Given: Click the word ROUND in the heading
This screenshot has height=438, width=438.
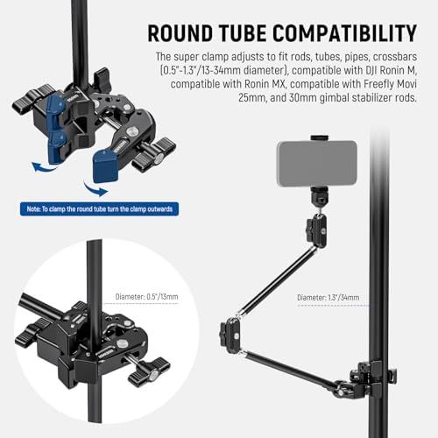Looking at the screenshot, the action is tap(180, 32).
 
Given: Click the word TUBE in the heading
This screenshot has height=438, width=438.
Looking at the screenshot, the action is tap(243, 32).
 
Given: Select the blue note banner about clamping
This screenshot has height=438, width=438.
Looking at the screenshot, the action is tap(99, 209).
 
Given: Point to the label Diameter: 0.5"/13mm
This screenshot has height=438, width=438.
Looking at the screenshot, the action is tap(146, 297).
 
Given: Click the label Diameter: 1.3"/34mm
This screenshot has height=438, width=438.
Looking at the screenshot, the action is tap(328, 298).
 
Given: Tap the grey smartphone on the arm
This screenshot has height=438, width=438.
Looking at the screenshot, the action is tap(317, 164).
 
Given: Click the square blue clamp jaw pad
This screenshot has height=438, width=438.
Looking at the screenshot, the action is tap(105, 166).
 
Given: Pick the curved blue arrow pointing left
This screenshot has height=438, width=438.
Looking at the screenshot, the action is tap(44, 167).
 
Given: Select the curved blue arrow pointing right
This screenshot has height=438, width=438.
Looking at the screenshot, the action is tap(95, 189).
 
